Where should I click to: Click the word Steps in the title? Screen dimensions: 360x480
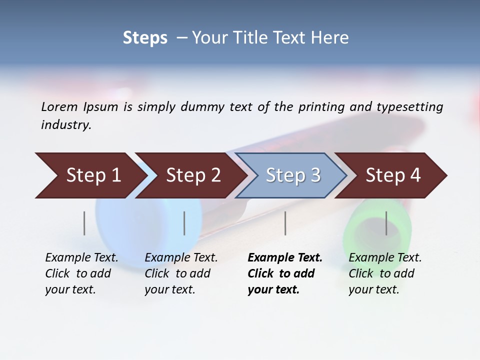[x=145, y=38]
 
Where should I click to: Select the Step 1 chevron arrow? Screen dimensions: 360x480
[x=90, y=175]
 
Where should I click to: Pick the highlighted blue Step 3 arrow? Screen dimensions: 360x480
[x=292, y=175]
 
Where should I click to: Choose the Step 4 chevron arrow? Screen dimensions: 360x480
[x=392, y=175]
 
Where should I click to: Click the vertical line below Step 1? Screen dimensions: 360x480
[x=84, y=223]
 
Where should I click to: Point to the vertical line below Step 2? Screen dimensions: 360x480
[x=184, y=223]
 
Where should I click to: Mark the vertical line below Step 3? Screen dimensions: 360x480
[x=285, y=223]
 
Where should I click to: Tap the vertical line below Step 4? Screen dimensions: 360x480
[x=386, y=223]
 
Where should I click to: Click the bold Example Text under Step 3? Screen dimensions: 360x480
[x=285, y=258]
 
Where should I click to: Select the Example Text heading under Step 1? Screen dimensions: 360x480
[x=81, y=258]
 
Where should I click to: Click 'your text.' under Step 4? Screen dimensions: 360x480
[x=373, y=289]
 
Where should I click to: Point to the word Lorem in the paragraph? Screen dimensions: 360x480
[x=59, y=106]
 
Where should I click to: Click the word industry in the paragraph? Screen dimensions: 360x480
[x=66, y=125]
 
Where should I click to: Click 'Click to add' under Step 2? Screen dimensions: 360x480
[x=177, y=273]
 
